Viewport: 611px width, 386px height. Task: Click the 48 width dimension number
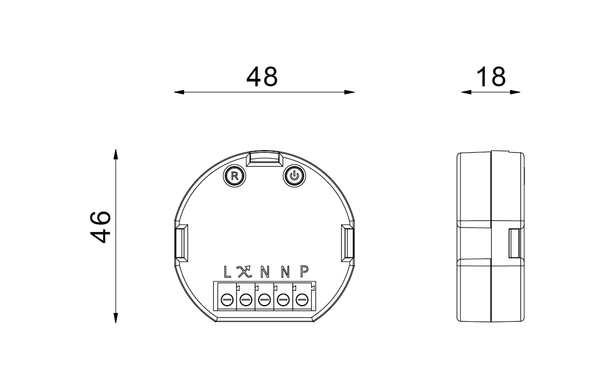(262, 77)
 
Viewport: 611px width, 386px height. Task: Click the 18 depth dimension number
(491, 77)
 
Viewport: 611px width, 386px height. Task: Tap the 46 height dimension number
(101, 227)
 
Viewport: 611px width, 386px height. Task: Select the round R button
(235, 176)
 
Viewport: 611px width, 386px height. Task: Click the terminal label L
(227, 272)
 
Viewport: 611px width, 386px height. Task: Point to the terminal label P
(304, 272)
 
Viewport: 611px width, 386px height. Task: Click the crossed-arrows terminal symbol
(245, 272)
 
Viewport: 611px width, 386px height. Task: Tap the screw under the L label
(227, 300)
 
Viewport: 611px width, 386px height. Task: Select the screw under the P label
(302, 300)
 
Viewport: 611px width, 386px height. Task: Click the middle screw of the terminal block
(265, 300)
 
